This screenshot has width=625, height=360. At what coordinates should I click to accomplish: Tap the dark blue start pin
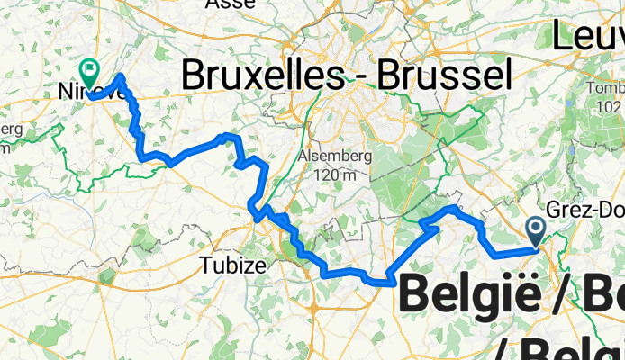535,231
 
